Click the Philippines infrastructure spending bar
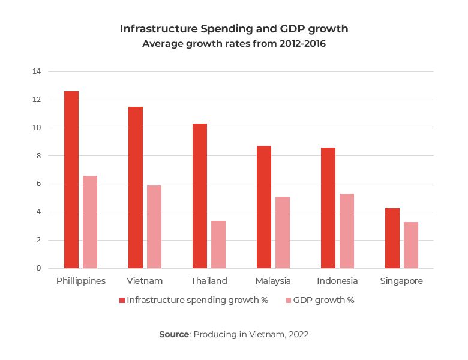click(71, 179)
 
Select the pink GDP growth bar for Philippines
click(90, 222)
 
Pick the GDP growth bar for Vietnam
click(154, 227)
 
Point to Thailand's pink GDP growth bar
click(218, 244)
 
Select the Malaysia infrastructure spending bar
click(264, 207)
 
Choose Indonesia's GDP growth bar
click(347, 231)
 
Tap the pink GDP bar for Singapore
click(411, 245)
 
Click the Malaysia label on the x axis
click(273, 281)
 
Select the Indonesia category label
click(337, 281)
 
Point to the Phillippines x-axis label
click(81, 281)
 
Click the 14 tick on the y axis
click(37, 71)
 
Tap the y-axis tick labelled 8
click(38, 156)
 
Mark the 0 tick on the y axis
click(38, 268)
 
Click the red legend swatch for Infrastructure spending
click(122, 301)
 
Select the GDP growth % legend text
click(324, 301)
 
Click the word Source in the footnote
click(173, 334)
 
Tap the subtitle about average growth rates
click(234, 44)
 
